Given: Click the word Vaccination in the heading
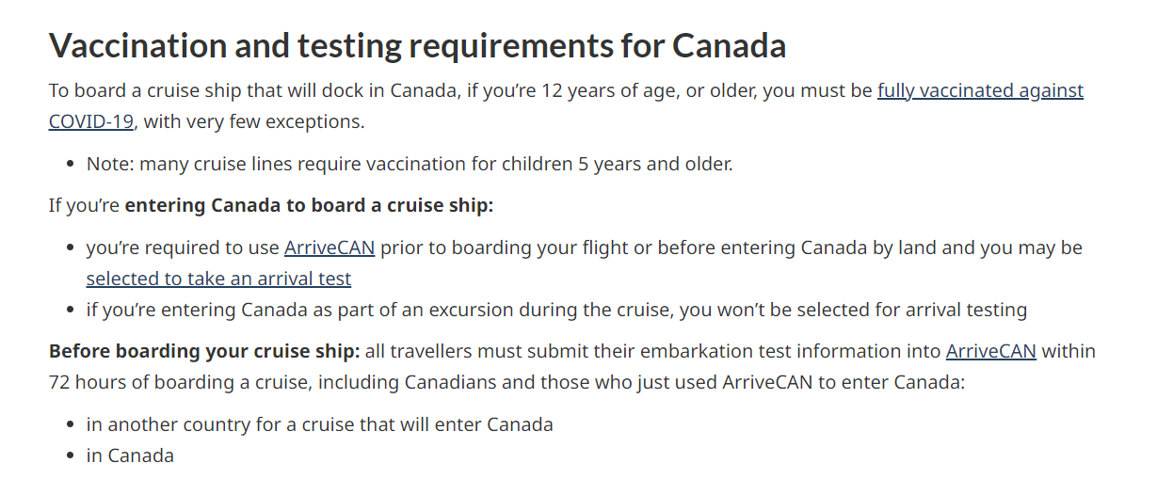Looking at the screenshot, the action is pos(137,45).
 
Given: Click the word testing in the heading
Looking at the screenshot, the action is pos(349,46).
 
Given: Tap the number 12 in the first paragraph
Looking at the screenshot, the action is pos(552,90).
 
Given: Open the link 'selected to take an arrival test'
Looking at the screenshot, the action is pos(218,279).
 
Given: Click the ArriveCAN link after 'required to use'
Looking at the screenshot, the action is pos(329,247).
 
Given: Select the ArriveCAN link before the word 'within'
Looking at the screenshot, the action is pos(990,351).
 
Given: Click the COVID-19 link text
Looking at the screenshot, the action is pos(91,121).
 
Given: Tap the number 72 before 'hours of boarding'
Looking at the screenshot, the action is pos(59,382).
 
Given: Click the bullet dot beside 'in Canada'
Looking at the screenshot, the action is pos(71,455).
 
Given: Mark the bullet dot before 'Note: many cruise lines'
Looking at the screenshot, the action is pos(71,165).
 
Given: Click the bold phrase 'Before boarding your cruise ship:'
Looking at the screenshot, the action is pos(204,351).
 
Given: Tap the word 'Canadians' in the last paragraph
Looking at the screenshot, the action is pos(450,382).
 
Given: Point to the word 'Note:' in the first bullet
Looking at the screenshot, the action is pos(110,165).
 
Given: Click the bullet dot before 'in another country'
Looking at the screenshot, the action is pos(71,424).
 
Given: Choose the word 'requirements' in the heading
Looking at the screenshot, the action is pos(511,46).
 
